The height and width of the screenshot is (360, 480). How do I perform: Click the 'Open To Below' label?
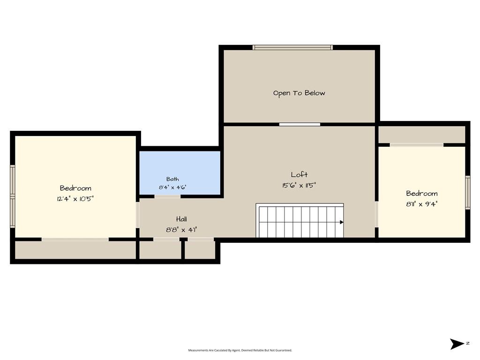click(x=299, y=93)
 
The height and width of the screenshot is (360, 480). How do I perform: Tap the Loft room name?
click(x=299, y=174)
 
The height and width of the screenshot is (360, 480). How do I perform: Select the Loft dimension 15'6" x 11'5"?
click(x=299, y=185)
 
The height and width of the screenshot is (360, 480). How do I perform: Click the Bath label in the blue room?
click(x=172, y=179)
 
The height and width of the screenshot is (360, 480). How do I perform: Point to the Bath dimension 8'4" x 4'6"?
click(x=172, y=187)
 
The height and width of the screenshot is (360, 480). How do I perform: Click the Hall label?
click(x=181, y=219)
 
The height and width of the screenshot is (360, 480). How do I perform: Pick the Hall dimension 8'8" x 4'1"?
click(x=181, y=230)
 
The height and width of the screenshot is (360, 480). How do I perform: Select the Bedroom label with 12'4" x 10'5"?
click(x=75, y=188)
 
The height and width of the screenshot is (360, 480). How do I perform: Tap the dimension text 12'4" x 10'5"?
click(x=75, y=199)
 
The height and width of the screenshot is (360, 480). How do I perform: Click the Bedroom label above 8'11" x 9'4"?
click(x=422, y=194)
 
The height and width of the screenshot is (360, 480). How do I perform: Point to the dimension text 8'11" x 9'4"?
click(x=422, y=204)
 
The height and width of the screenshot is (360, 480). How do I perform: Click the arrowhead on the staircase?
click(x=342, y=222)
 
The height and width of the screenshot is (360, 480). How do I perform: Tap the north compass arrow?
click(x=457, y=344)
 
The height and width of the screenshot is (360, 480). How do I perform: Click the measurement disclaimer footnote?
click(x=240, y=350)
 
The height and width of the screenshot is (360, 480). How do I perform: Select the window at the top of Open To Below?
click(x=292, y=47)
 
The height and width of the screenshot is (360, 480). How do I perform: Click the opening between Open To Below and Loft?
click(x=300, y=124)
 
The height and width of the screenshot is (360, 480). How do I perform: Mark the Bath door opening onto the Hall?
click(x=167, y=196)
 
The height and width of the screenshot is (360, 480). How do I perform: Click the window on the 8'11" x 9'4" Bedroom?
click(x=468, y=193)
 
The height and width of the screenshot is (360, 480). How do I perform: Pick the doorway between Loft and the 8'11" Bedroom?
click(x=376, y=214)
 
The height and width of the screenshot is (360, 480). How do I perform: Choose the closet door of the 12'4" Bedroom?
click(x=75, y=239)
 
